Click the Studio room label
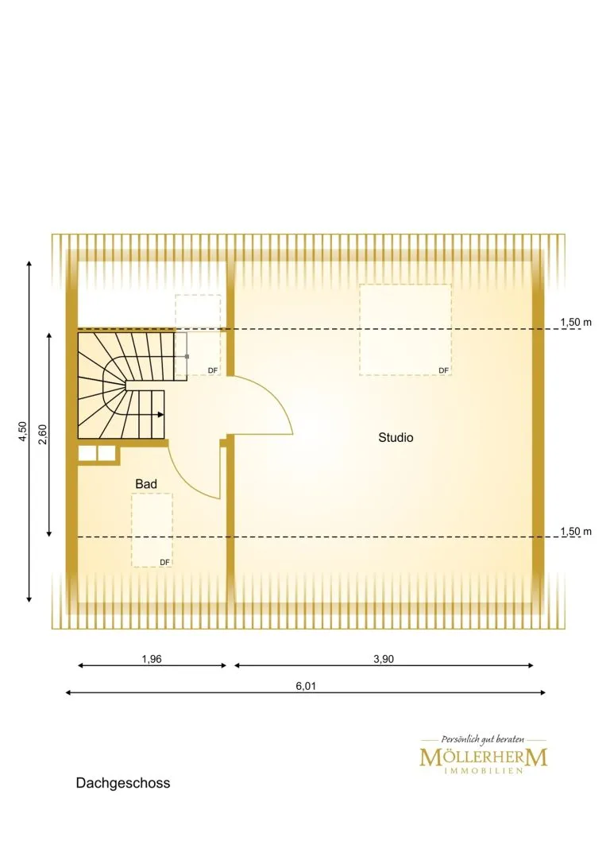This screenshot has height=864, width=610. coord(396,437)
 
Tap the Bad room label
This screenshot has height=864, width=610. coord(146,484)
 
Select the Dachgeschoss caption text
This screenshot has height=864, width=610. coord(123,783)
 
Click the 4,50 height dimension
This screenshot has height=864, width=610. coord(22,431)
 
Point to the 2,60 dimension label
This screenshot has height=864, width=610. coord(44,434)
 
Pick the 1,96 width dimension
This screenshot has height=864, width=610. coord(152,659)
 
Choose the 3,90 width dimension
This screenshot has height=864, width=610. coord(384,659)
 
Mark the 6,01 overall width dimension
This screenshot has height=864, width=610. coord(306,686)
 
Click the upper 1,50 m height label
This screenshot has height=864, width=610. coord(576,323)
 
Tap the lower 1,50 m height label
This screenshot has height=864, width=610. coord(576,532)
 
